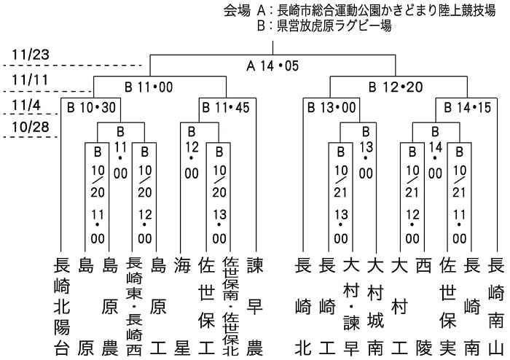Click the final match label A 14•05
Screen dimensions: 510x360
tap(272, 66)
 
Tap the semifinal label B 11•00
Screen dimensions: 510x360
tap(149, 87)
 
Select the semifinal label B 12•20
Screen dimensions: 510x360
tap(396, 87)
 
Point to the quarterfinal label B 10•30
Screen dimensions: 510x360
tap(91, 108)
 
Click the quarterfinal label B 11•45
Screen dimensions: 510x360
tap(226, 108)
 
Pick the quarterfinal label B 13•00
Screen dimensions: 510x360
tap(331, 108)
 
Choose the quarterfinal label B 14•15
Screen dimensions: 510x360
tap(468, 108)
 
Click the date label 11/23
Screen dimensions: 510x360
tap(31, 55)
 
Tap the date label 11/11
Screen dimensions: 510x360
tap(30, 80)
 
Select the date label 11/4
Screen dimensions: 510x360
tap(26, 106)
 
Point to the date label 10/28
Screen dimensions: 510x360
tap(31, 127)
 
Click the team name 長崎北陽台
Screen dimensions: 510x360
tap(62, 306)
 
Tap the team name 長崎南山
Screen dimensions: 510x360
tap(496, 306)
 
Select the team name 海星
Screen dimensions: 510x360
tap(182, 306)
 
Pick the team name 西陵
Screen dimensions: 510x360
tap(424, 306)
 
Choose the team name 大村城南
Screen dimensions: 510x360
tap(376, 306)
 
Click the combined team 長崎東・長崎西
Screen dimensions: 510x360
tap(134, 306)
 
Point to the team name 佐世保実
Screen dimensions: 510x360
tap(448, 306)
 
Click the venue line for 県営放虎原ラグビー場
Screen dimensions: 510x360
tap(324, 26)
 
